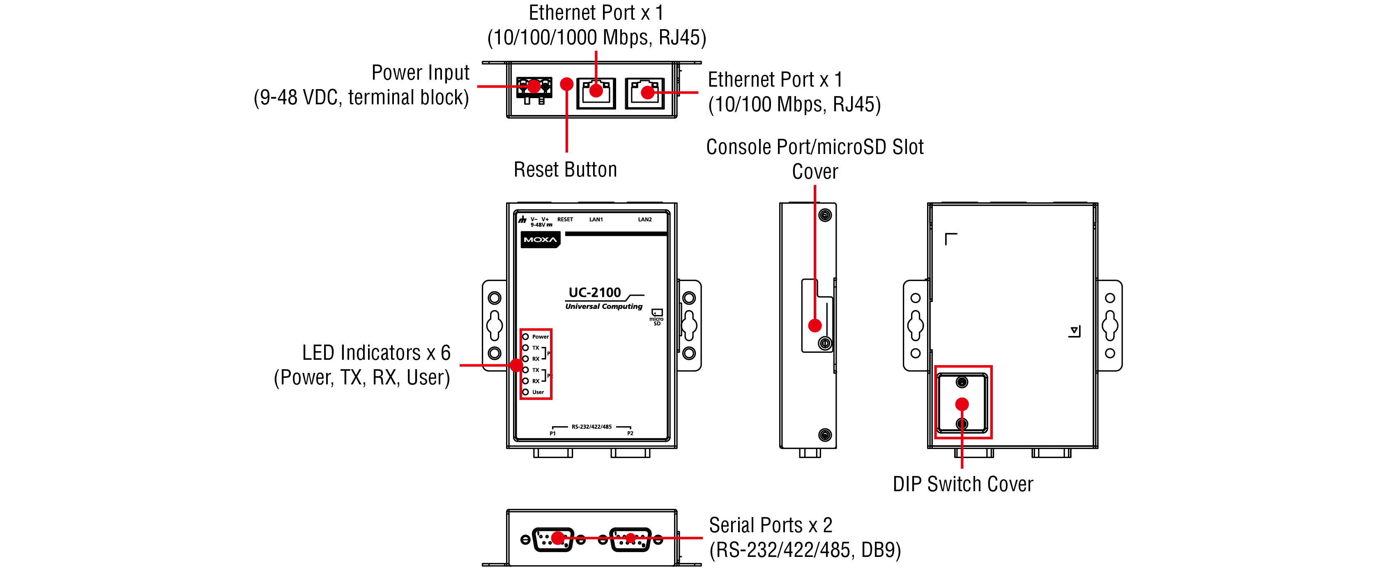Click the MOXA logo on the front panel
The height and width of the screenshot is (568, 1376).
point(540,239)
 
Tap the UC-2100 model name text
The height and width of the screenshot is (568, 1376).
point(594,292)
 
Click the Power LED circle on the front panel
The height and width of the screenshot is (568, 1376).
point(526,337)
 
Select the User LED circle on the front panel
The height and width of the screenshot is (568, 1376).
point(526,392)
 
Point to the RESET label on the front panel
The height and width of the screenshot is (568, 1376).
point(565,220)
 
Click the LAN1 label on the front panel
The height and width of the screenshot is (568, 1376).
point(596,220)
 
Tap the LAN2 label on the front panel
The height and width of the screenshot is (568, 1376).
point(645,220)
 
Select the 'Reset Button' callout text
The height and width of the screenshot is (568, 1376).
point(565,170)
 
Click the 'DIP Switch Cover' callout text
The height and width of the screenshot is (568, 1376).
point(962,484)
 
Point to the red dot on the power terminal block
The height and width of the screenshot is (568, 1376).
point(534,86)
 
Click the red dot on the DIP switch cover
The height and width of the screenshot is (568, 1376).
point(962,404)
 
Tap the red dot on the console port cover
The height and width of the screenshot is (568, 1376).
point(815,325)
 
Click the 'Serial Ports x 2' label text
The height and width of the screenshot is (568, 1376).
point(770,525)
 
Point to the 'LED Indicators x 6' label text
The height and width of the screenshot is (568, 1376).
point(376,353)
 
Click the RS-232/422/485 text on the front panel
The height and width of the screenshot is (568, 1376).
point(591,427)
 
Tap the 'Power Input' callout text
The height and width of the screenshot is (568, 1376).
point(420,73)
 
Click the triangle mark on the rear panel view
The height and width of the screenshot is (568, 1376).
point(1074,331)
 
